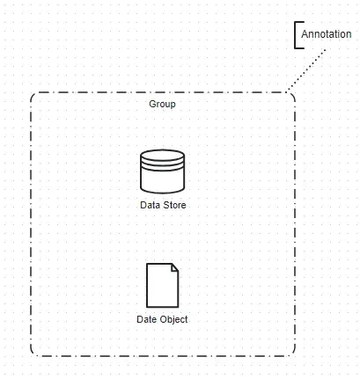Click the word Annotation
tap(326, 34)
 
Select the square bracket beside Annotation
tap(296, 34)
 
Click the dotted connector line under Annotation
tap(306, 70)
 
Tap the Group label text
tap(163, 104)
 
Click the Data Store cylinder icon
tap(163, 171)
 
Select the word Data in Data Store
tap(151, 205)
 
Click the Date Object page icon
tap(163, 284)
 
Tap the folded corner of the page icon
tap(175, 267)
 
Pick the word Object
tap(173, 319)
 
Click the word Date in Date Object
tap(147, 319)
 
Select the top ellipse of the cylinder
tap(163, 157)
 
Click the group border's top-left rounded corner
tap(33, 95)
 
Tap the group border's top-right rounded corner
tap(292, 95)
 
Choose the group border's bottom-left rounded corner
tap(33, 353)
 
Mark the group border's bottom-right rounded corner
tap(292, 353)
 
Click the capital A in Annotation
tap(305, 34)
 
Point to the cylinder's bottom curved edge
tap(163, 190)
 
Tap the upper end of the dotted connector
tap(325, 50)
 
